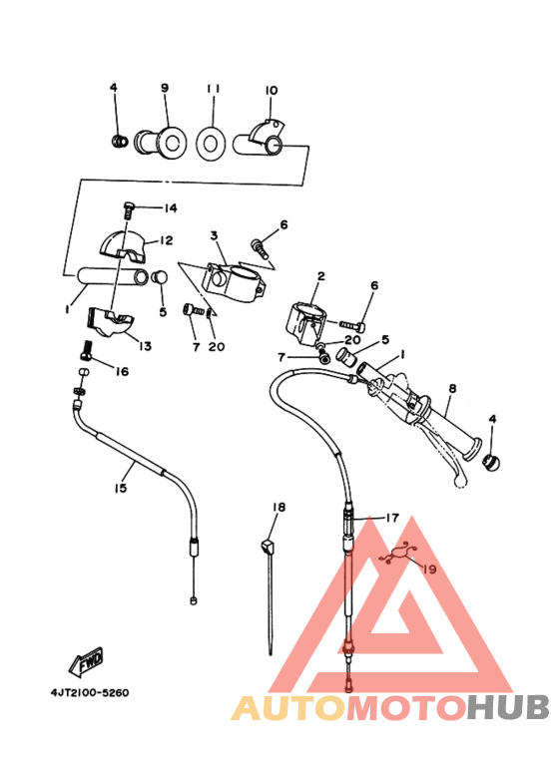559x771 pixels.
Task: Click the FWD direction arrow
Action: (86, 660)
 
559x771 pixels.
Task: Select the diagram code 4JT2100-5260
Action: (90, 693)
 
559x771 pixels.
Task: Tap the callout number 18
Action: (279, 507)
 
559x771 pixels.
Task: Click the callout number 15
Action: (121, 488)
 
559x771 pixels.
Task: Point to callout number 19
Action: (429, 569)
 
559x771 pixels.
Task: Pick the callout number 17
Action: (392, 518)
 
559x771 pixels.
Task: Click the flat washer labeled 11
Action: (212, 143)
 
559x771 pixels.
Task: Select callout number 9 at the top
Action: (165, 88)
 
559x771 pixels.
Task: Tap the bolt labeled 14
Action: (129, 210)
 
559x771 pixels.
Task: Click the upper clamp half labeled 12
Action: (123, 244)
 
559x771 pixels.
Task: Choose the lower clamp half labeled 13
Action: (110, 322)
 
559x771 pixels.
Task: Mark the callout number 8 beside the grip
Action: (452, 388)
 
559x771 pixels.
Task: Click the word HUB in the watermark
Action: (508, 707)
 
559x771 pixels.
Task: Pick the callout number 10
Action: (272, 91)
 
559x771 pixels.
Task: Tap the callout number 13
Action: (145, 346)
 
